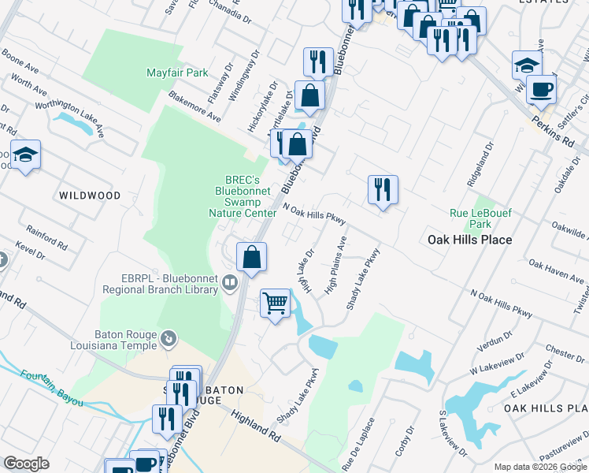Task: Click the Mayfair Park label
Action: click(177, 73)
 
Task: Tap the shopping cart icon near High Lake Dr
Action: click(275, 302)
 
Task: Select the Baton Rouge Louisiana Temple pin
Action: click(168, 339)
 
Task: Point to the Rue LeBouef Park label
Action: click(481, 218)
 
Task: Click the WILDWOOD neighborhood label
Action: click(89, 195)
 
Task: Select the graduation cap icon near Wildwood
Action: click(26, 155)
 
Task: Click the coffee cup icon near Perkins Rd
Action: click(541, 89)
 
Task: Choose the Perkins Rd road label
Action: click(558, 131)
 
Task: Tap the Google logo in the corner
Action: click(26, 464)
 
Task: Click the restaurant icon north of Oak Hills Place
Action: click(383, 189)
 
